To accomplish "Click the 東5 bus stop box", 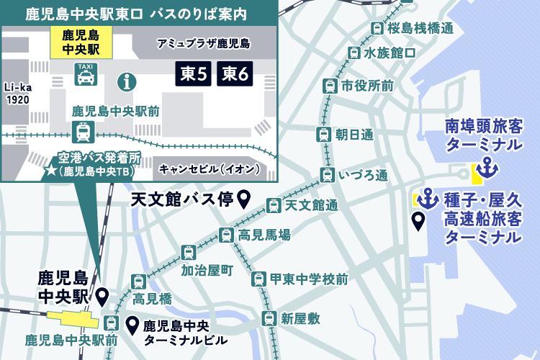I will click(194, 73).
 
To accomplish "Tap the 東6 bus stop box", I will click(237, 73).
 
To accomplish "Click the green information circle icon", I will click(128, 81).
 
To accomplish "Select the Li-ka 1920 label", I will click(17, 94).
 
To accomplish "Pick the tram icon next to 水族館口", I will click(354, 53).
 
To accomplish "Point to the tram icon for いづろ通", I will click(328, 175).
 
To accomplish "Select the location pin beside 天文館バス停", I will click(244, 199).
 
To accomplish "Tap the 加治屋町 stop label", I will click(207, 271).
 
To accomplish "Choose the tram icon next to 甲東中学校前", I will click(258, 279).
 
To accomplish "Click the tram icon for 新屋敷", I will click(269, 318).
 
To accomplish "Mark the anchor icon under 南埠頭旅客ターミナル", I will click(488, 168).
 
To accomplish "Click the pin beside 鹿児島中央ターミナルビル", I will click(132, 325).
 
